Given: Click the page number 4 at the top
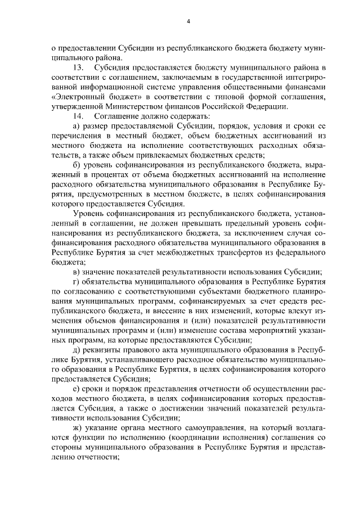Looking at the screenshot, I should [188, 21].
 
